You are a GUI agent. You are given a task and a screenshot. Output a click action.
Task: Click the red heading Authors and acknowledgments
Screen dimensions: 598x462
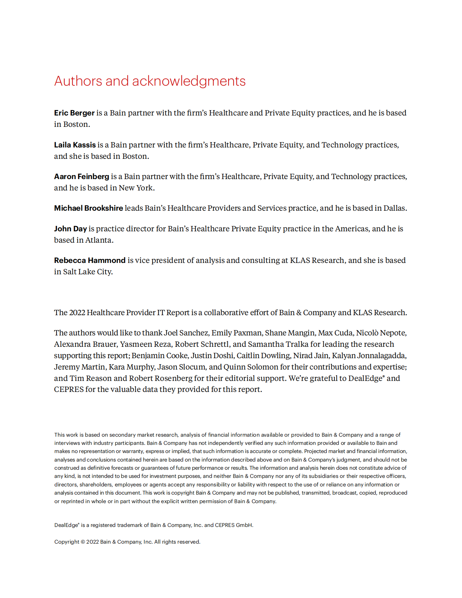[x=150, y=81]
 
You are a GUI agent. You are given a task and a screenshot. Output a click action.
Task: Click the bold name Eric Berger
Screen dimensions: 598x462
[x=74, y=113]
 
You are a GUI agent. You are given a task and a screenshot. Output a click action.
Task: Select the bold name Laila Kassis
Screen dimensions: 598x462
[x=75, y=145]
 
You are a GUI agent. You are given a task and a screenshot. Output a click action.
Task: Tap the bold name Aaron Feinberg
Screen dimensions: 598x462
[x=81, y=177]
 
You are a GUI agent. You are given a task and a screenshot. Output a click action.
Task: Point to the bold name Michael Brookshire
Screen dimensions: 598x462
[x=88, y=208]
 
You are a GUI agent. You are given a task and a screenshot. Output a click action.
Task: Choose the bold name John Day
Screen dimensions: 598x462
[x=70, y=229]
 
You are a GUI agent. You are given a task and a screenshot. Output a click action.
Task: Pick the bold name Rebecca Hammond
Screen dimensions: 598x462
[x=90, y=260]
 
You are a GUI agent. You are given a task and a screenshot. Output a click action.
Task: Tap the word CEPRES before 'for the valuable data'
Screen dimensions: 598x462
[x=69, y=389]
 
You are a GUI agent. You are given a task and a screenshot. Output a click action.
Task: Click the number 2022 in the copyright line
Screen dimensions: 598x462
[x=92, y=542]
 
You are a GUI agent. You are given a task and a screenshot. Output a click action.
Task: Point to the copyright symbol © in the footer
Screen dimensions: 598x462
[x=83, y=542]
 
